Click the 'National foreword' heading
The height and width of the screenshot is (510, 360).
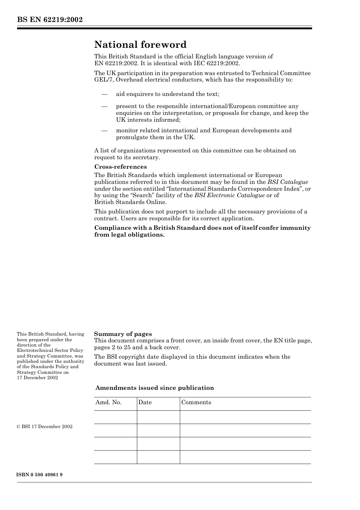coord(140,45)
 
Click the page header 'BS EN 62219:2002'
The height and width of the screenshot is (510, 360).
coord(50,20)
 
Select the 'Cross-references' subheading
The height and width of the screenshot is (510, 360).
coord(120,167)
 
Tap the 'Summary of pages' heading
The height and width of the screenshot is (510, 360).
coord(123,334)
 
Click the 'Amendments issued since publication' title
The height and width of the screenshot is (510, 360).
coord(155,388)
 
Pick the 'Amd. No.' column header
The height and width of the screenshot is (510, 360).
coord(108,402)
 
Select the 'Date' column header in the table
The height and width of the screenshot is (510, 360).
coord(145,402)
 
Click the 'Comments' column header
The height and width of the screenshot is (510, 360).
coord(196,402)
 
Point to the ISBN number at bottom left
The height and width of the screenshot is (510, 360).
coord(39,475)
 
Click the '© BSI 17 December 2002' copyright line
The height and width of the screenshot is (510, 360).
coord(44,427)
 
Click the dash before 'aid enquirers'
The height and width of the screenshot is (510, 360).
coord(104,94)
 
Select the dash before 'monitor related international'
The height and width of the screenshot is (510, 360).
coord(104,130)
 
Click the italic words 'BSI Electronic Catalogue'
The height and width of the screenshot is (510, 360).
coord(229,195)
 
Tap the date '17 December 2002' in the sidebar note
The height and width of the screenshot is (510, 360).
coord(37,378)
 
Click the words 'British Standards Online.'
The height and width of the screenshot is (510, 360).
coord(130,202)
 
